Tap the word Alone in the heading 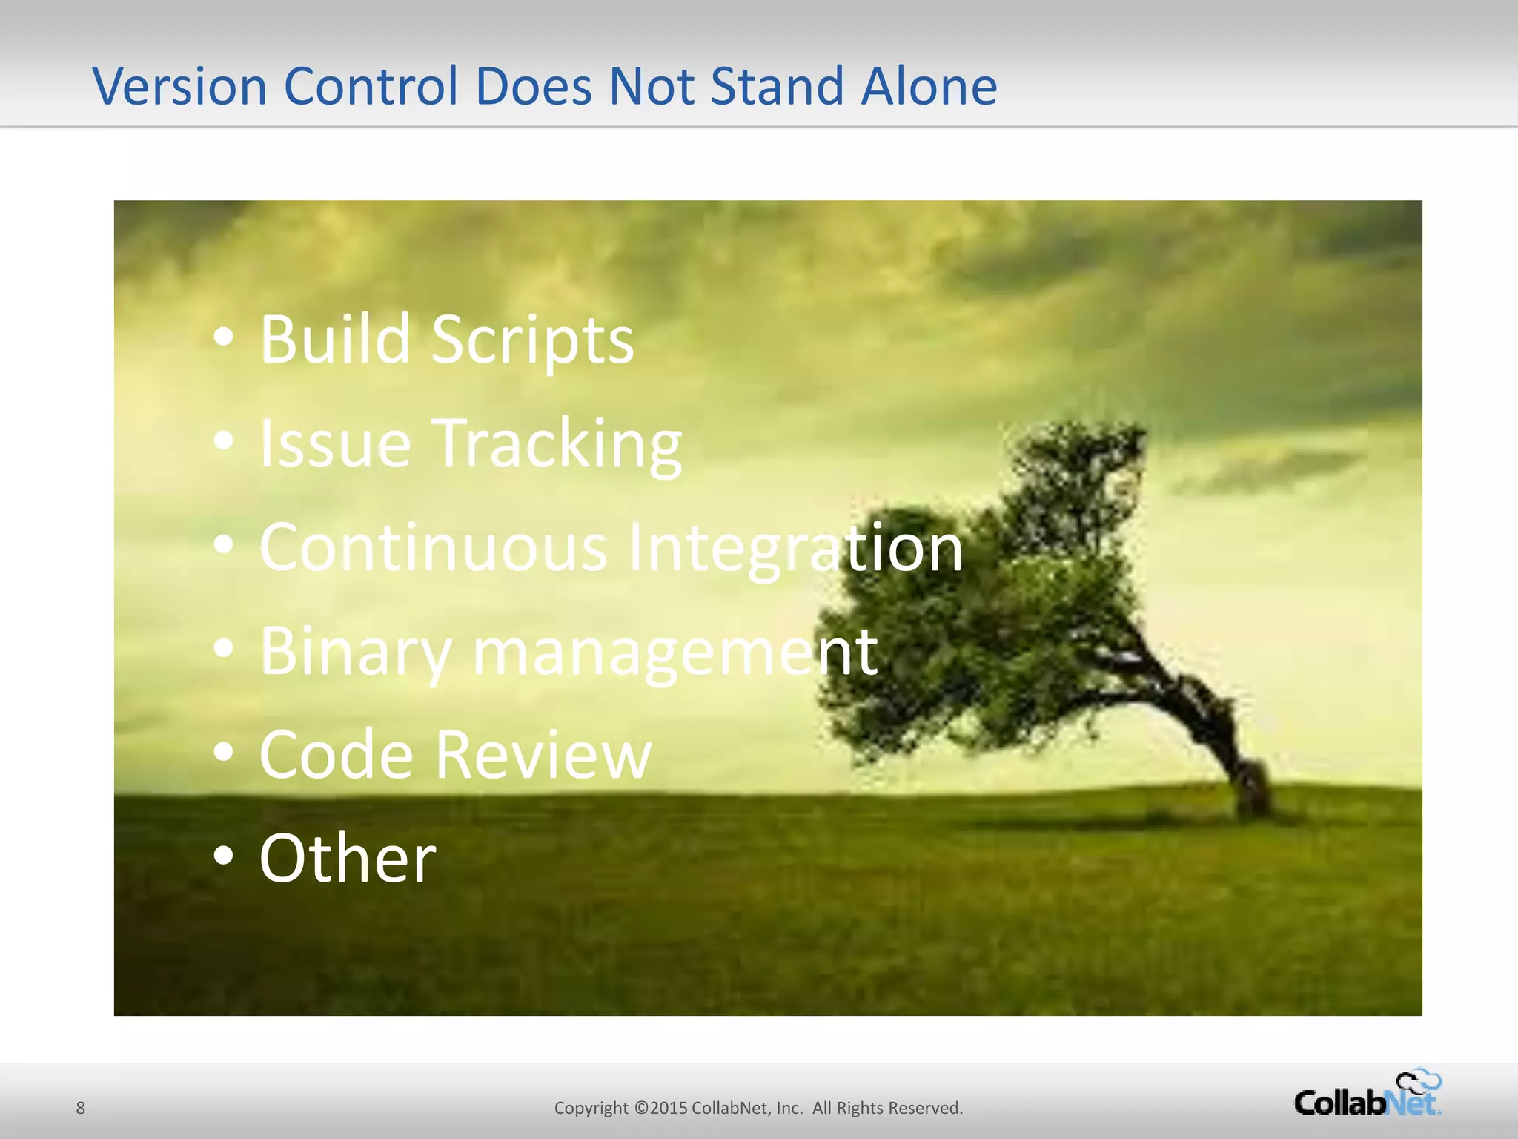(929, 86)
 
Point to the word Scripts (532, 341)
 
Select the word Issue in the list (334, 443)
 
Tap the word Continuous (433, 547)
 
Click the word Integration (795, 549)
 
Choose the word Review (543, 754)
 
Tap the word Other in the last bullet (348, 858)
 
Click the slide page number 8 (81, 1108)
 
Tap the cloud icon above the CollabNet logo (1419, 1080)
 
